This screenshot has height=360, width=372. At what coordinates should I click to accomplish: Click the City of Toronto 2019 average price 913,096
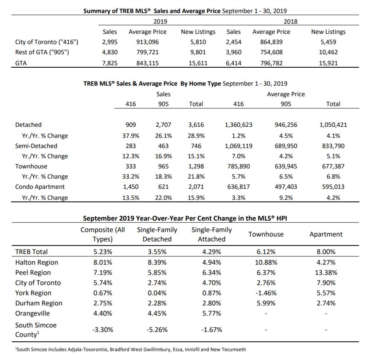(x=147, y=42)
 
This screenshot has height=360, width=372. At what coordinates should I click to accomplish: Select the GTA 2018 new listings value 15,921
(x=328, y=63)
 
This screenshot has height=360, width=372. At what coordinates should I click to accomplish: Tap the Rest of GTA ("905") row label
(x=42, y=52)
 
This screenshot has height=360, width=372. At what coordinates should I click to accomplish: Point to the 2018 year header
(x=290, y=22)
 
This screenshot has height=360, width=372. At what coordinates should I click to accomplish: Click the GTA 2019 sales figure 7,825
(x=110, y=63)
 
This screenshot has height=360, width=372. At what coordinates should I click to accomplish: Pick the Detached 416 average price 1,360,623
(x=239, y=125)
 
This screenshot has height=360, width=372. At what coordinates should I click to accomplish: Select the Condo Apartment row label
(x=40, y=187)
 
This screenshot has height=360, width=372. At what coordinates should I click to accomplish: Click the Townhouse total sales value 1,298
(x=196, y=166)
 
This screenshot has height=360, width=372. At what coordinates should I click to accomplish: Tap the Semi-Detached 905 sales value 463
(x=163, y=146)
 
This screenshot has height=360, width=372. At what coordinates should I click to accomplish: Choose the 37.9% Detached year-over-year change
(x=131, y=136)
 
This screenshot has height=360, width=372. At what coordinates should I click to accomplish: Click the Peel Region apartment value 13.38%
(x=326, y=272)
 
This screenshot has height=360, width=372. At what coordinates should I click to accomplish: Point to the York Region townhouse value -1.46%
(x=266, y=293)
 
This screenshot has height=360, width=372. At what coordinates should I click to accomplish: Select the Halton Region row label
(x=37, y=263)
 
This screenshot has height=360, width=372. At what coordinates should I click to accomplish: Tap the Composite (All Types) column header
(x=102, y=234)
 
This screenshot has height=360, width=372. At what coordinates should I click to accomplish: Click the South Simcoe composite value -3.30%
(x=102, y=330)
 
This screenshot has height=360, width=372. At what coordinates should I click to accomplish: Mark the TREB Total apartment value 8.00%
(x=326, y=252)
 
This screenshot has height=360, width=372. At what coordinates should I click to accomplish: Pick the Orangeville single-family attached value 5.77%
(x=211, y=313)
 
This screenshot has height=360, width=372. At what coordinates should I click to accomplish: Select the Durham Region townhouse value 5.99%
(x=266, y=303)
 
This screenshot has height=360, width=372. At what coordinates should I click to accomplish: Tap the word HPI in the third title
(x=281, y=218)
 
